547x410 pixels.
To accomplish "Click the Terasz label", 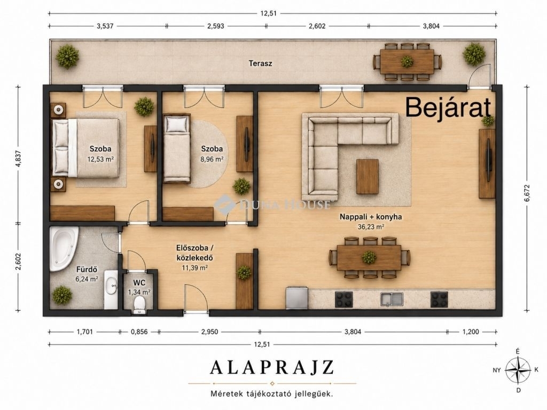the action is click(260, 64).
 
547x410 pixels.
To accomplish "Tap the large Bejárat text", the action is click(448, 108).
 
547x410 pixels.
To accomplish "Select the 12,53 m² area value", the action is click(101, 159).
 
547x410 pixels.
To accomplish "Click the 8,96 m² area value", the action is click(212, 159).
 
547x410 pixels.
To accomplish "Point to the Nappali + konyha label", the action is click(371, 217).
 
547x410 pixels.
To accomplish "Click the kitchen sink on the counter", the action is click(392, 299).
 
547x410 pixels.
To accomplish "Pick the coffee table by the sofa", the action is click(368, 176).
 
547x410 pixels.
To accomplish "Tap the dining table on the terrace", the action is click(407, 62).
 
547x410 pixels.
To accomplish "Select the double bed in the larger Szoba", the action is click(86, 147).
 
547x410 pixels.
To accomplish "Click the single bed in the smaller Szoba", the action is click(177, 148).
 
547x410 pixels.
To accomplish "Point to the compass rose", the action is click(518, 370).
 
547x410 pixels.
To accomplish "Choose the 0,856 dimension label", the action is click(139, 332).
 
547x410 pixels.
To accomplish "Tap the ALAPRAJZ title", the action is click(272, 367).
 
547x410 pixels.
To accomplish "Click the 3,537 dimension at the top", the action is click(105, 26).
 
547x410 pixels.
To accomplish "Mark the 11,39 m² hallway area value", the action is click(194, 268).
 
